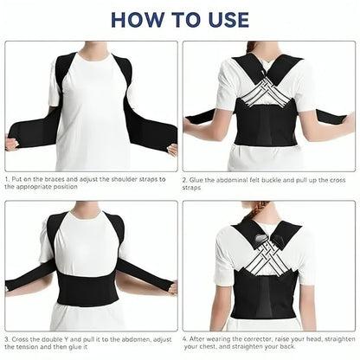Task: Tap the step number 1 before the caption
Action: tap(6, 178)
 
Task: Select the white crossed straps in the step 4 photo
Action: tap(267, 264)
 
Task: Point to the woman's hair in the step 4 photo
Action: tap(267, 209)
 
